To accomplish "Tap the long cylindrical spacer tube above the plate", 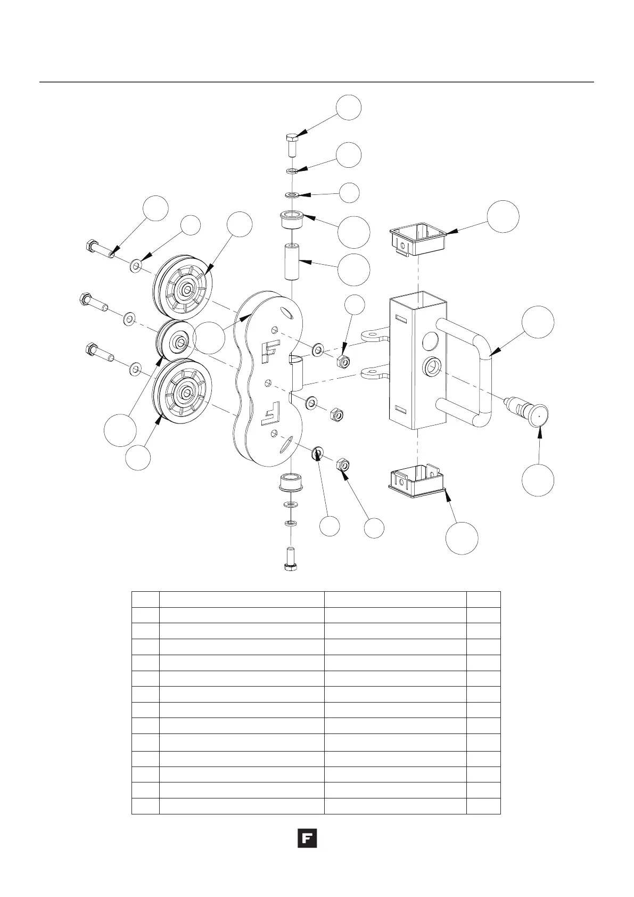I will (292, 262).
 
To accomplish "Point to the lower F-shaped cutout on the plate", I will (272, 413).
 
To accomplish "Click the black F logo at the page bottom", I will (307, 838).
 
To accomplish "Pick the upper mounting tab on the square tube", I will (376, 336).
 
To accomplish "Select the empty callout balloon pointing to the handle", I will (538, 321).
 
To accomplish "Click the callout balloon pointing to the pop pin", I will (538, 480).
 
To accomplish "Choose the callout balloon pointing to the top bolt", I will (349, 108).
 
